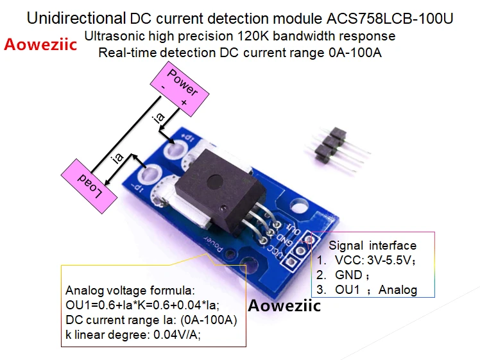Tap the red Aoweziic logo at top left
[40, 45]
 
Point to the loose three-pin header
[330, 147]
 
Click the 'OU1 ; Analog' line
[375, 289]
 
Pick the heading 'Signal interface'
[372, 245]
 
